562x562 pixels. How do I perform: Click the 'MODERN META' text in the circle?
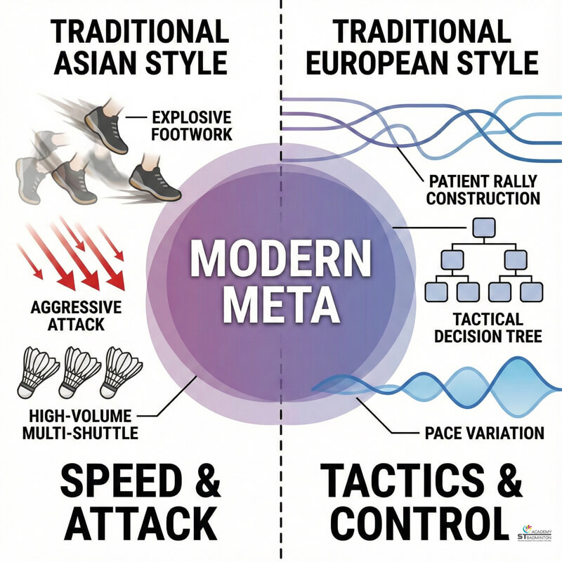coord(281,279)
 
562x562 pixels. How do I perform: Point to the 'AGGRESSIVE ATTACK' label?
coord(76,317)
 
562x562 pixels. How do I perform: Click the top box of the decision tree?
coord(483,227)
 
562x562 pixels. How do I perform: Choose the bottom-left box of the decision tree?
coord(437,292)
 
